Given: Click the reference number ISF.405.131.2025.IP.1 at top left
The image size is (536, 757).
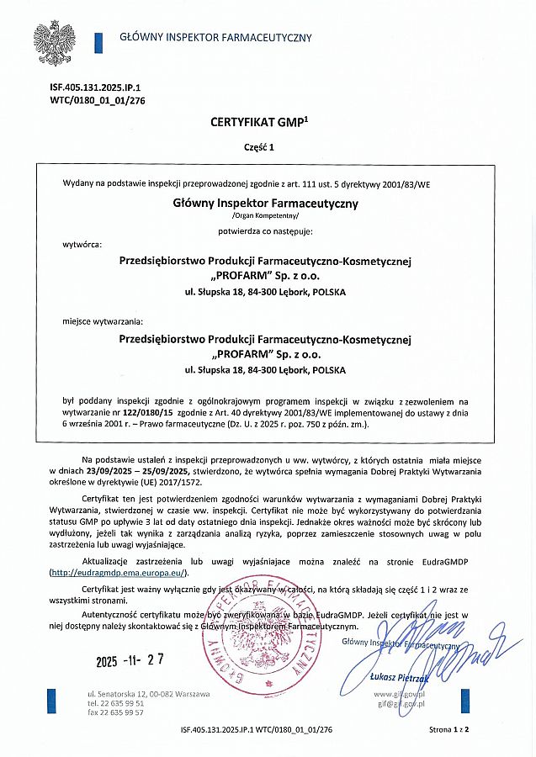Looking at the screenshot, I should [84, 87].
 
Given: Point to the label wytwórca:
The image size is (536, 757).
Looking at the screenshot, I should [82, 244].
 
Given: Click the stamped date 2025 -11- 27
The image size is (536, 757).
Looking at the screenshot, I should [130, 660].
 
